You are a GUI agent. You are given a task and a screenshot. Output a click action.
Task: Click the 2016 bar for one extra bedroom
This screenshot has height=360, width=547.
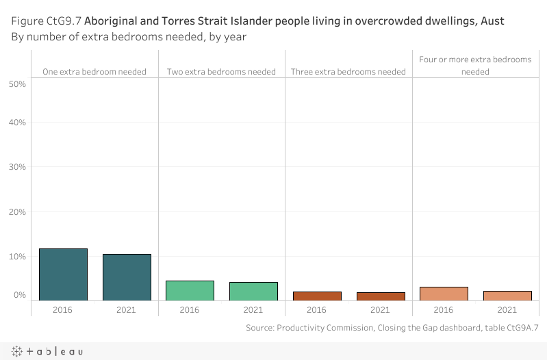pyautogui.click(x=63, y=274)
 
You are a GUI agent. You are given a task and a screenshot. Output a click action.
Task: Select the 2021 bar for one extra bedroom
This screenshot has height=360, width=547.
pyautogui.click(x=127, y=277)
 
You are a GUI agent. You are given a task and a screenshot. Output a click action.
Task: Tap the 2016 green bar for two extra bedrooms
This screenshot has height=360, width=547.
pyautogui.click(x=190, y=290)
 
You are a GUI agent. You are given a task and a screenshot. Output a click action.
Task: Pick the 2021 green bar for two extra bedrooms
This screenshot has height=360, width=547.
pyautogui.click(x=253, y=291)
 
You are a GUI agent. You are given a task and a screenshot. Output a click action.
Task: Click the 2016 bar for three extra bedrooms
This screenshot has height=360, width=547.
pyautogui.click(x=317, y=296)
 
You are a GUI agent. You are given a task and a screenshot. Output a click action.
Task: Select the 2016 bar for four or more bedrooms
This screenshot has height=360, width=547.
pyautogui.click(x=444, y=294)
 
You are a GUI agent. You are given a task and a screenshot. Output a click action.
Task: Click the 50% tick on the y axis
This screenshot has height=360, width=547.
pyautogui.click(x=17, y=84)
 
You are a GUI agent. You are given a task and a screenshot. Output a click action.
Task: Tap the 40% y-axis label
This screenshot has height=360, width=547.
pyautogui.click(x=17, y=123)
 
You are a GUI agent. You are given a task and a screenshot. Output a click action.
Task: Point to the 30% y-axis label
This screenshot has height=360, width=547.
pyautogui.click(x=17, y=167)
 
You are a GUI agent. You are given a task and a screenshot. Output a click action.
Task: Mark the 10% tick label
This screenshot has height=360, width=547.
pyautogui.click(x=17, y=257)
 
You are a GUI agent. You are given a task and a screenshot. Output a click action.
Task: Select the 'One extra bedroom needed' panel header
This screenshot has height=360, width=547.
pyautogui.click(x=94, y=71)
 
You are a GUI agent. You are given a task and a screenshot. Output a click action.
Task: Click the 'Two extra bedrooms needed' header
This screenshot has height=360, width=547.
pyautogui.click(x=221, y=71)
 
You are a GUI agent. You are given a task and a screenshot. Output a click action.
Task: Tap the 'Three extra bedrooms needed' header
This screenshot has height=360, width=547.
pyautogui.click(x=348, y=71)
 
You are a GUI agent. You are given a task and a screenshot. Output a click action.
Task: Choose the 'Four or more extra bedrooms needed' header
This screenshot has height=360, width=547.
pyautogui.click(x=475, y=65)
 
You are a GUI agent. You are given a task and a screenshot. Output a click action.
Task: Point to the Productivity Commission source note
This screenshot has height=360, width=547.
pyautogui.click(x=392, y=328)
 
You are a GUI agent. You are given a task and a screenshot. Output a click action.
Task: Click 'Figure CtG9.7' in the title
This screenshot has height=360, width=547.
pyautogui.click(x=47, y=21)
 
